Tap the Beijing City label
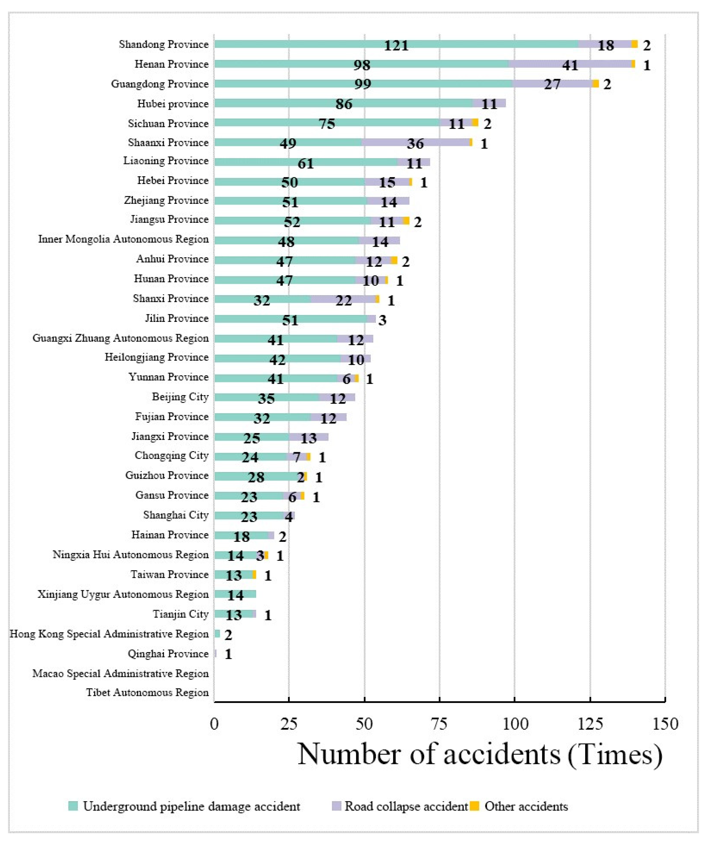click(x=180, y=397)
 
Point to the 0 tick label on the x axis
click(x=214, y=724)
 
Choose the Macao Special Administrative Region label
click(x=120, y=673)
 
